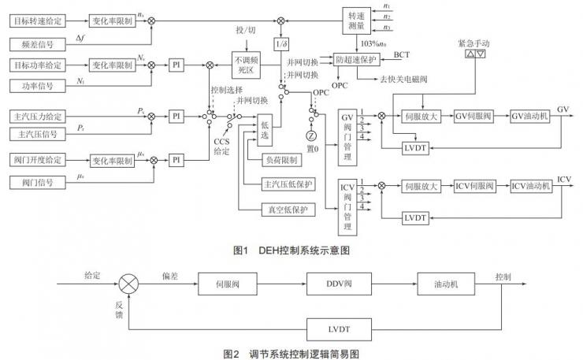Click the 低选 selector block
[x=266, y=129]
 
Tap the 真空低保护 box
[x=287, y=209]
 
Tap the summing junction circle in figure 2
[x=128, y=282]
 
